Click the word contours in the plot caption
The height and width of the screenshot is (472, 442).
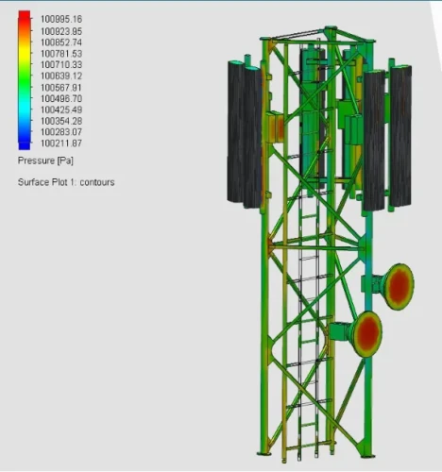[x=96, y=181]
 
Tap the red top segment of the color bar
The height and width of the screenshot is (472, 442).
[x=25, y=22]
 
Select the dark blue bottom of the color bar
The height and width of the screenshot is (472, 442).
[x=25, y=143]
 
